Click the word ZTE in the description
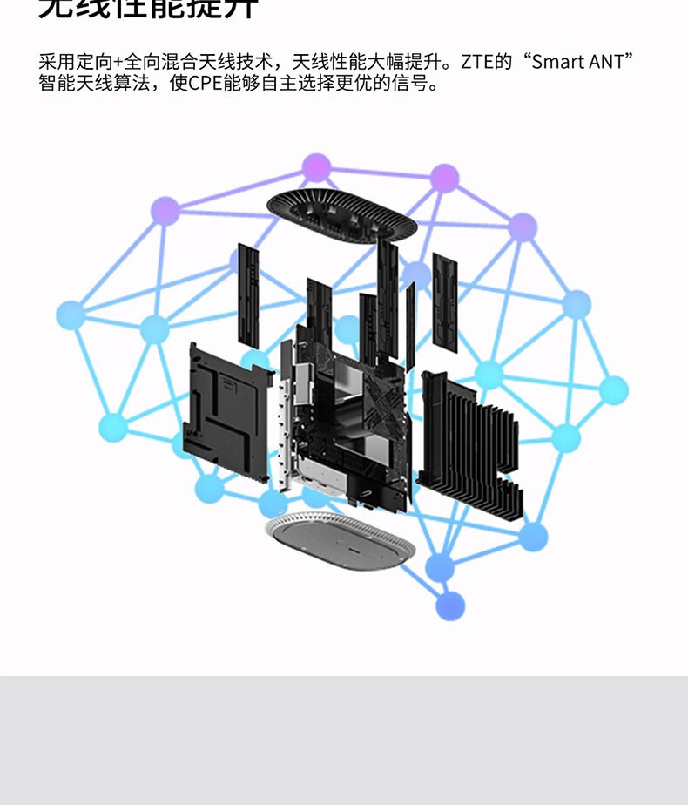tap(478, 62)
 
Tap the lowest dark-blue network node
tap(450, 605)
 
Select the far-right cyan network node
tap(613, 390)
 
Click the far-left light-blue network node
tap(71, 315)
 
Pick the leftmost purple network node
tap(165, 210)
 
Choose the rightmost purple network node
tap(523, 227)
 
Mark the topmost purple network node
tap(316, 167)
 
